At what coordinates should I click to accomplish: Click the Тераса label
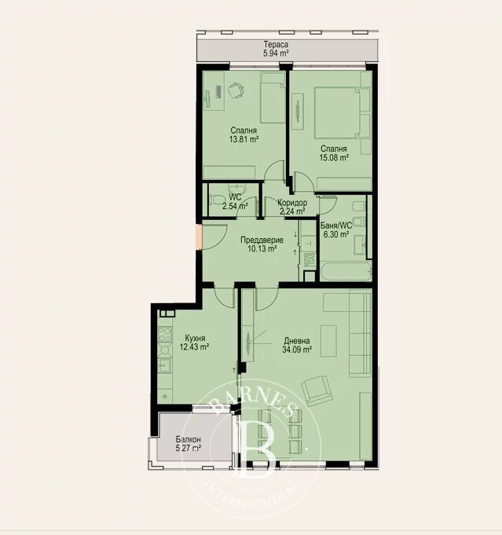[x=276, y=44]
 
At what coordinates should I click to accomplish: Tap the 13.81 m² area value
[x=244, y=139]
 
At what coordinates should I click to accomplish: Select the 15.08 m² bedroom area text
[x=334, y=158]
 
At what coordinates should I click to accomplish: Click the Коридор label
[x=292, y=203]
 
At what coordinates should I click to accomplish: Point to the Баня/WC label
[x=336, y=225]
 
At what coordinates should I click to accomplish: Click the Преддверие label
[x=262, y=240]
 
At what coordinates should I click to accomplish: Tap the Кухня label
[x=195, y=338]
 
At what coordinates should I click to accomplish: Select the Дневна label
[x=297, y=340]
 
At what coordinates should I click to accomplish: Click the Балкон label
[x=188, y=439]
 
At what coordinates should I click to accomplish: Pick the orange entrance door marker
[x=199, y=236]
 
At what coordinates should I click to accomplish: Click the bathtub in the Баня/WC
[x=346, y=272]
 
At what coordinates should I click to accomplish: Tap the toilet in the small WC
[x=216, y=200]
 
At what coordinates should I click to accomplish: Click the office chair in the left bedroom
[x=236, y=90]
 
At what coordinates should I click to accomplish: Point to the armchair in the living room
[x=317, y=390]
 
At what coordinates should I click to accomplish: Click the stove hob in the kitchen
[x=165, y=334]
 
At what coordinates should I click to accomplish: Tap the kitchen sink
[x=165, y=366]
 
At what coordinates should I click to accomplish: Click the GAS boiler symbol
[x=310, y=258]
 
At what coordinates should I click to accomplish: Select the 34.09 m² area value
[x=297, y=350]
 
